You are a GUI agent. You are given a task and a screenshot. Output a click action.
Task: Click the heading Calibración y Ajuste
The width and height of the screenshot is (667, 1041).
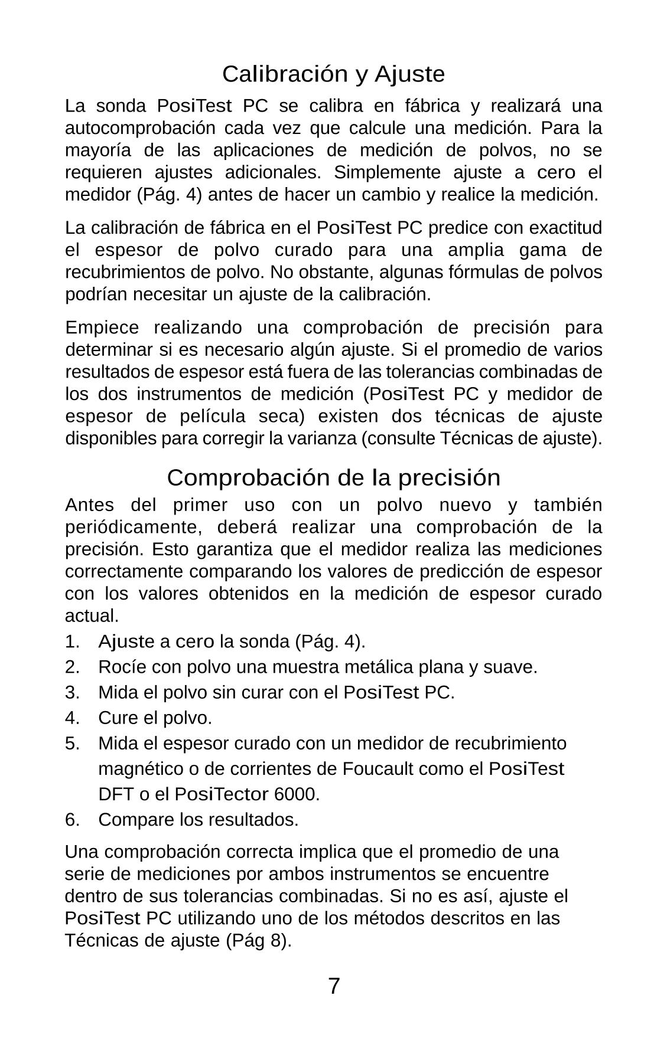(333, 74)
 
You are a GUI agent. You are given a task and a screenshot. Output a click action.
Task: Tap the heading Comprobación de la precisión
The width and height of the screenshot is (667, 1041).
(333, 477)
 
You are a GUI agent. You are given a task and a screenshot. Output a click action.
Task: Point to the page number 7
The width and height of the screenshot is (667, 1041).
(334, 986)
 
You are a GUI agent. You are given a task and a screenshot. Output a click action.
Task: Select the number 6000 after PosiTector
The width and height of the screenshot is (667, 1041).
(297, 794)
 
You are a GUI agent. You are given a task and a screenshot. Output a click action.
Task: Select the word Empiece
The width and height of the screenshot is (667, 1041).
(102, 328)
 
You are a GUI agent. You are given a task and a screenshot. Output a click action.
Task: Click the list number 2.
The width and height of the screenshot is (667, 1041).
(72, 667)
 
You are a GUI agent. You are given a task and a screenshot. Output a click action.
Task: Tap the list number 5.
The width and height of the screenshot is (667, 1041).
(72, 744)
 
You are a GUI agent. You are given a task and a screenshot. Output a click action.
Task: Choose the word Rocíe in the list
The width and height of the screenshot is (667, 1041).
(122, 667)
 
